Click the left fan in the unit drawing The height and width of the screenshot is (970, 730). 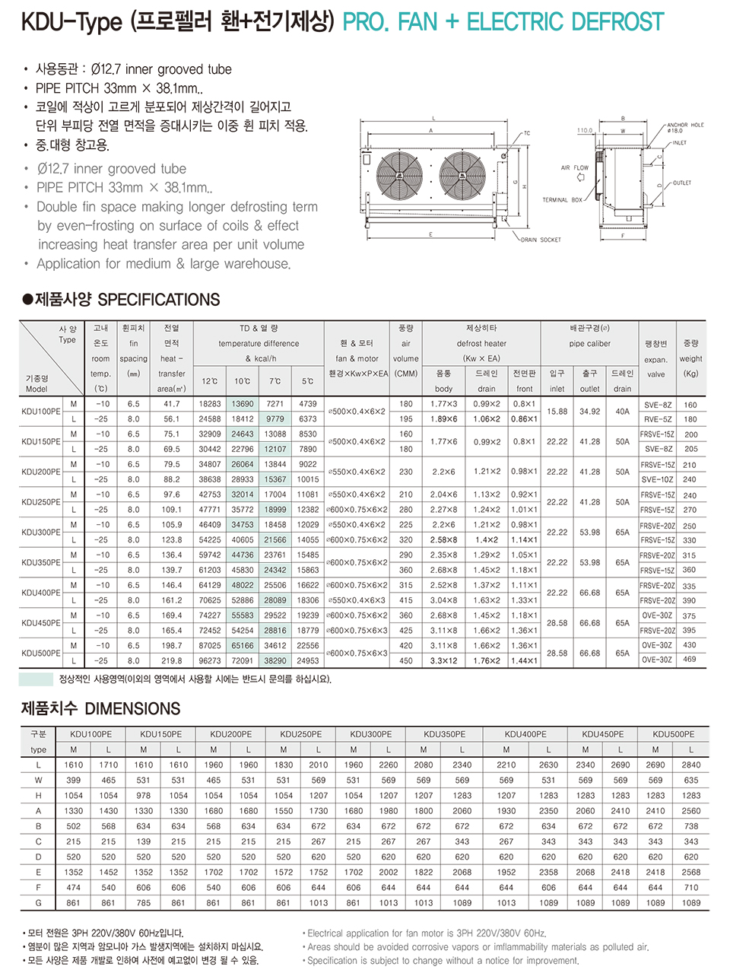(x=398, y=172)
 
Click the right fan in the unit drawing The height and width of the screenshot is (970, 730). (x=463, y=172)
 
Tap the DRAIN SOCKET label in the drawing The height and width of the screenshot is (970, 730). (x=541, y=240)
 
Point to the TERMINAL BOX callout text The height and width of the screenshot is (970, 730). (x=562, y=200)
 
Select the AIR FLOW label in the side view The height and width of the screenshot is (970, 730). (x=575, y=167)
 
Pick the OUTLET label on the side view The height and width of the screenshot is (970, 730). (x=682, y=183)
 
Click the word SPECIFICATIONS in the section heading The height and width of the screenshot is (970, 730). (x=159, y=300)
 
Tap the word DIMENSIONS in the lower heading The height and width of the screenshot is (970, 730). (x=132, y=709)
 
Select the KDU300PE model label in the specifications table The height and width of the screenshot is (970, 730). (x=41, y=532)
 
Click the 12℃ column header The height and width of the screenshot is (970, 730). (x=210, y=381)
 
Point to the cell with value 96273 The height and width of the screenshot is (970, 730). (x=210, y=660)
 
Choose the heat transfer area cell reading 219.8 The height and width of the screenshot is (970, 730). (x=172, y=660)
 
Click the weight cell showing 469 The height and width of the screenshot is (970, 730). (x=690, y=660)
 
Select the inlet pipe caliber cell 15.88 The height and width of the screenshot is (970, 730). (x=557, y=411)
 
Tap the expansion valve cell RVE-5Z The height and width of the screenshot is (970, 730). (x=658, y=419)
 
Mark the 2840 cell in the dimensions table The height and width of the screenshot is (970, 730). (x=691, y=765)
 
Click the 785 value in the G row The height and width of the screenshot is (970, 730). (x=144, y=903)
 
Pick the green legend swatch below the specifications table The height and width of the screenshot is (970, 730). (x=35, y=679)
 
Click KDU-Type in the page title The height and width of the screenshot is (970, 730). (x=71, y=22)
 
